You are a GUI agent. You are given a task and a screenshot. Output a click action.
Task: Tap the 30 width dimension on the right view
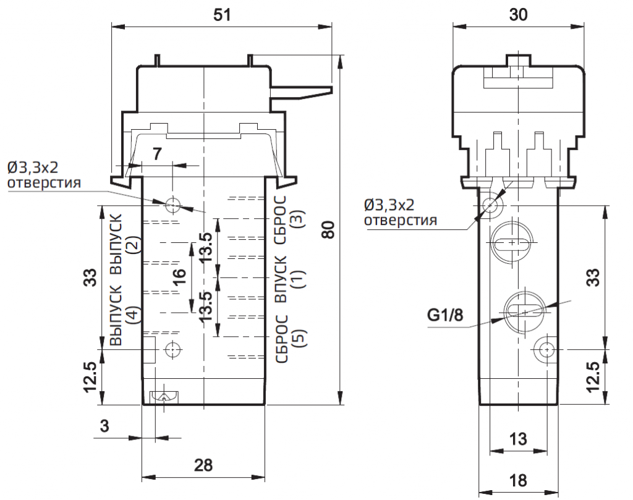pyautogui.click(x=519, y=16)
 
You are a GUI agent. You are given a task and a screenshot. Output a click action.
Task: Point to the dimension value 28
pyautogui.click(x=203, y=465)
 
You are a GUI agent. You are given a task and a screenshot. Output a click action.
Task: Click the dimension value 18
pyautogui.click(x=518, y=480)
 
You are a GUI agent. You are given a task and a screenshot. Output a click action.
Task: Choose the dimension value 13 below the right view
pyautogui.click(x=518, y=439)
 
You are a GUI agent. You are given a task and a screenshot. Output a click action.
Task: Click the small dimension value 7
pyautogui.click(x=158, y=155)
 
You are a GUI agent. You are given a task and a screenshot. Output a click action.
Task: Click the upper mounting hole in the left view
pyautogui.click(x=172, y=204)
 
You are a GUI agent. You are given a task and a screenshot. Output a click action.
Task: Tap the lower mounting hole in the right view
pyautogui.click(x=545, y=350)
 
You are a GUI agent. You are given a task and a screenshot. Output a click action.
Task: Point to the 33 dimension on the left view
pyautogui.click(x=91, y=276)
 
